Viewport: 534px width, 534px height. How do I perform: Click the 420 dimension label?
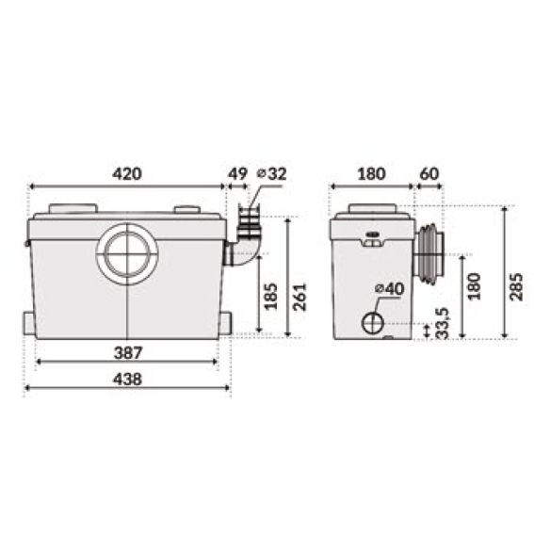click(x=127, y=173)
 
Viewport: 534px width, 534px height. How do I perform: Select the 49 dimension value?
click(x=237, y=173)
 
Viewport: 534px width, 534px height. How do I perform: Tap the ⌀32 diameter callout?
click(x=271, y=173)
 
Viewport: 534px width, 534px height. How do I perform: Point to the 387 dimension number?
click(x=127, y=353)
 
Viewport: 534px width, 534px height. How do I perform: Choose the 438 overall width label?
click(x=127, y=380)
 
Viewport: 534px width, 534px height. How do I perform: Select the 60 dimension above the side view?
click(x=429, y=173)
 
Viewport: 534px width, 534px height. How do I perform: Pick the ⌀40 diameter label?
click(x=389, y=288)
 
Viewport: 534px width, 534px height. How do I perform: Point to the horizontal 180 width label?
click(x=371, y=173)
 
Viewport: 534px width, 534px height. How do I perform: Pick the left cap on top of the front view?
click(x=72, y=209)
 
